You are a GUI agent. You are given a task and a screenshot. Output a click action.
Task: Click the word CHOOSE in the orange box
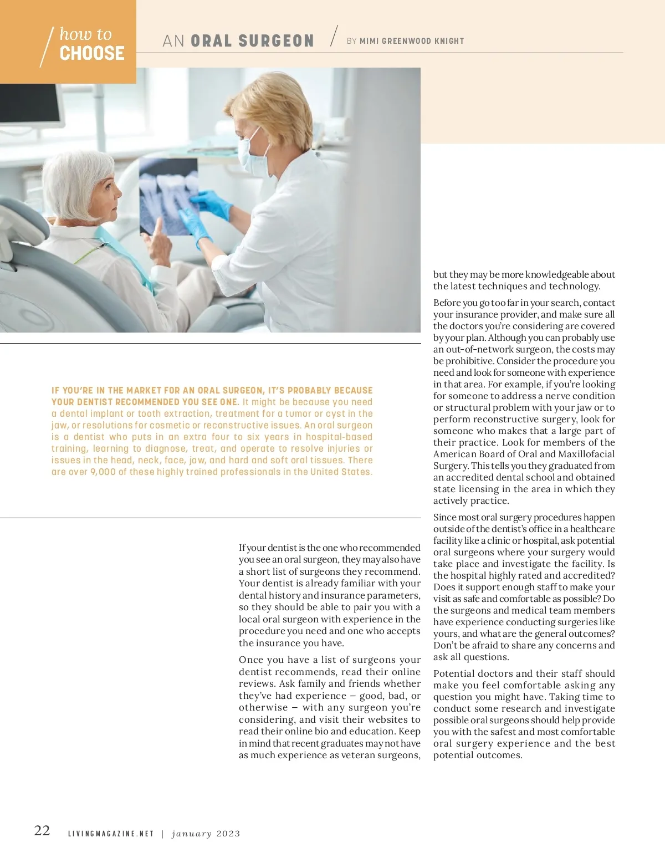coord(92,53)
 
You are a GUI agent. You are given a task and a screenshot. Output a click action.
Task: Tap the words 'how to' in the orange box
coord(85,34)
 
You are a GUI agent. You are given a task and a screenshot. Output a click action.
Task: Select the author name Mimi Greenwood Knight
coord(412,41)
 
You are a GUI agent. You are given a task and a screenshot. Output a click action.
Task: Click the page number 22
coord(42,830)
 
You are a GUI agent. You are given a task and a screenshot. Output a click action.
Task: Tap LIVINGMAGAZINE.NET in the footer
coord(111,834)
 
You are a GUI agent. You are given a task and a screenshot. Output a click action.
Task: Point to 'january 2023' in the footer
coord(206,834)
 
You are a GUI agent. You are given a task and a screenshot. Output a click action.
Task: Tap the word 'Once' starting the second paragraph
coord(251,660)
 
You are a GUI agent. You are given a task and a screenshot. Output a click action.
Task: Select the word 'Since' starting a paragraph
coord(445,517)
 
